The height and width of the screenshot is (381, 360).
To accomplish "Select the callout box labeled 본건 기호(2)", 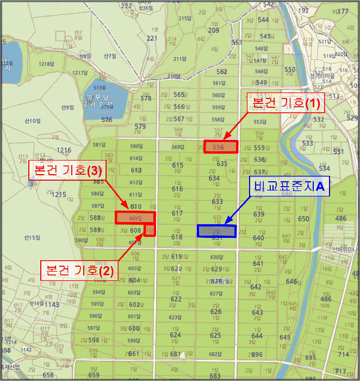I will tap(79, 269).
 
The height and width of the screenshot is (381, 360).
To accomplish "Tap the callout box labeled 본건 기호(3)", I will tap(66, 170).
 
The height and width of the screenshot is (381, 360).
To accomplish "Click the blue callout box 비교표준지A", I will tap(288, 186).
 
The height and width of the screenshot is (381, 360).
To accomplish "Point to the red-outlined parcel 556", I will tap(221, 146).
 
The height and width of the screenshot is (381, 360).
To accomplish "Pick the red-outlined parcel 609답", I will tap(135, 218).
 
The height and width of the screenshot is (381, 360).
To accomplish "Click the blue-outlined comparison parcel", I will tap(216, 231).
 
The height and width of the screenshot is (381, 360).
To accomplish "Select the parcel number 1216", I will tap(64, 150).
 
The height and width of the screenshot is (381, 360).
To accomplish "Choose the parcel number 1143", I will tap(52, 304).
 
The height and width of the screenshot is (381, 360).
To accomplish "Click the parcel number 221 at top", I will tap(152, 38).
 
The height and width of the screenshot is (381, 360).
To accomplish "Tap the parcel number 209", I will tap(213, 30).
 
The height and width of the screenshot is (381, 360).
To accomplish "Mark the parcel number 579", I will tap(140, 127).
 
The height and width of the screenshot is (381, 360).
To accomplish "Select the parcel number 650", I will tap(303, 219).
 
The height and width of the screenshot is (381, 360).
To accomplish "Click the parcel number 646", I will tap(292, 281).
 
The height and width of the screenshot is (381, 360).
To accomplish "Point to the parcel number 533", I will tap(308, 143).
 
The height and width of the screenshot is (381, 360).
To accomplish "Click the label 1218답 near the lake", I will tap(46, 64).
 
